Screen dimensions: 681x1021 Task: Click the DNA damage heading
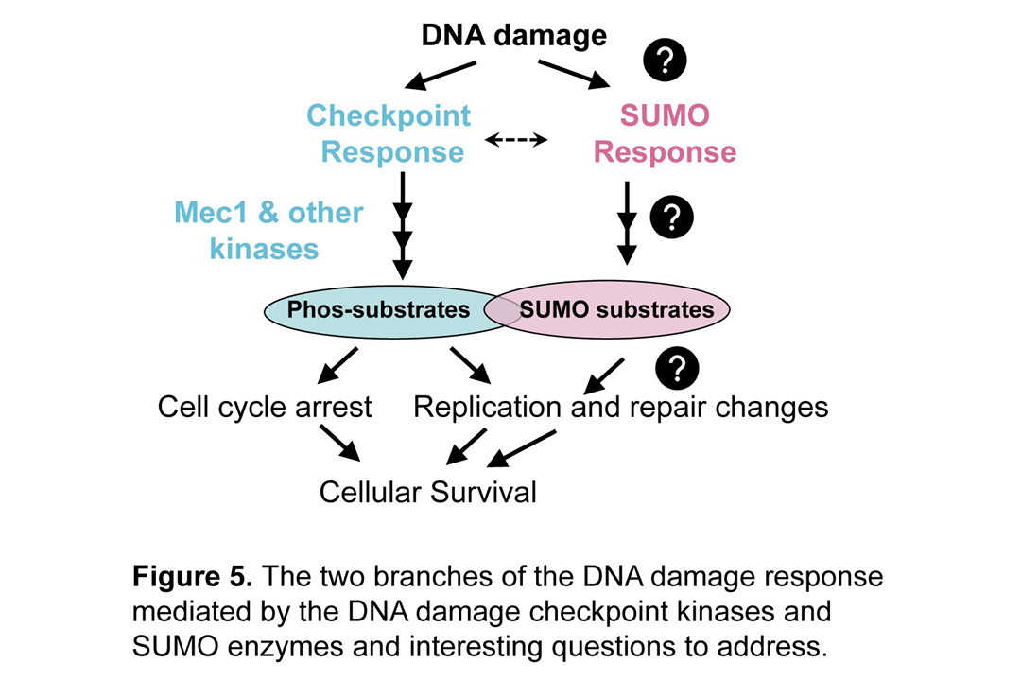(x=513, y=36)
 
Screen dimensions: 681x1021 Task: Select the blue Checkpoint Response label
(x=389, y=133)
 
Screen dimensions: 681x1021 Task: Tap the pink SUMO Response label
(x=665, y=133)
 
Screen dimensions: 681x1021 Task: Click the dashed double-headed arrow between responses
(x=516, y=140)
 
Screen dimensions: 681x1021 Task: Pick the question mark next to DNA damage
(x=665, y=61)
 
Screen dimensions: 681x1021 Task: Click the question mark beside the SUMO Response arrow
(x=672, y=218)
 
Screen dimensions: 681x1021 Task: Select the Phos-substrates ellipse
(x=378, y=310)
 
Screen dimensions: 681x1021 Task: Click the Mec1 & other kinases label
(x=268, y=230)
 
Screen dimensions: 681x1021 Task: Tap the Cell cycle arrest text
(x=265, y=408)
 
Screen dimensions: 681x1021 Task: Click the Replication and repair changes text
(x=621, y=408)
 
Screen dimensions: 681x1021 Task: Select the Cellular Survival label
(x=428, y=492)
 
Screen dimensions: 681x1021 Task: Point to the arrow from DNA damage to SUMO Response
(x=574, y=75)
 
